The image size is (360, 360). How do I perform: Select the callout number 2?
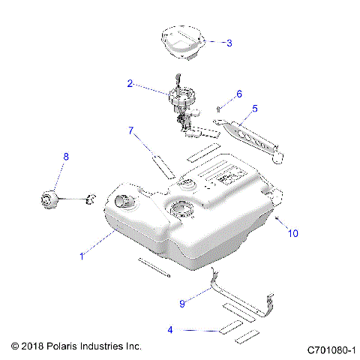tap(130, 85)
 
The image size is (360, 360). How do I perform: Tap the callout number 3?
tap(229, 43)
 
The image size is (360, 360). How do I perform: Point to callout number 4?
tap(170, 329)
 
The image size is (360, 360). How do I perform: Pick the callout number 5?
tap(254, 109)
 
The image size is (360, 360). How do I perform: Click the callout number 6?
tap(239, 94)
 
